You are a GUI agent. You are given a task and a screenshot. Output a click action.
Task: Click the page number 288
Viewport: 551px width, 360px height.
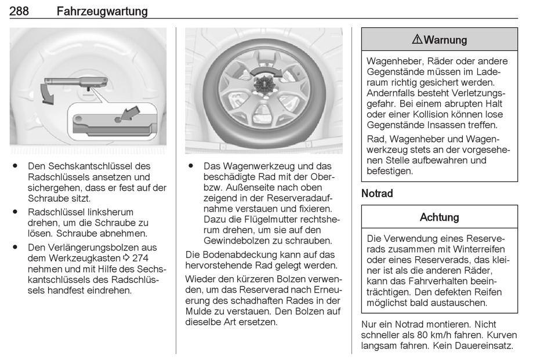point(19,11)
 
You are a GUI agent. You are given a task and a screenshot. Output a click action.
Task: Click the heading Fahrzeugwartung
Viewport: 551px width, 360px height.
point(102,12)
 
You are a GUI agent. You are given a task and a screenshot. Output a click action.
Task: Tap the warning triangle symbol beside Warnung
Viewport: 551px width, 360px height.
point(417,39)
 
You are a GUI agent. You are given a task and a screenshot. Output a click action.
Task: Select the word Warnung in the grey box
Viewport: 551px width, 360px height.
point(445,39)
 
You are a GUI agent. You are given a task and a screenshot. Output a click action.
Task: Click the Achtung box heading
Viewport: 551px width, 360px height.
point(439,217)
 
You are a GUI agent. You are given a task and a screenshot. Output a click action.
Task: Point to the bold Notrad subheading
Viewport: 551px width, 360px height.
point(377,193)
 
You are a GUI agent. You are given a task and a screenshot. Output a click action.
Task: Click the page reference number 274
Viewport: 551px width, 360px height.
point(140,258)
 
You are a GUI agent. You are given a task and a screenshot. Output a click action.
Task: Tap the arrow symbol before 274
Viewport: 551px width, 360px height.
point(126,258)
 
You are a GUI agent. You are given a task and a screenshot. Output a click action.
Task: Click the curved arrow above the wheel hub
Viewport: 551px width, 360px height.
point(266,72)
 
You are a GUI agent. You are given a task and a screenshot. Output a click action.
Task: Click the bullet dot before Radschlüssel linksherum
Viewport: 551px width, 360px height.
point(14,212)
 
